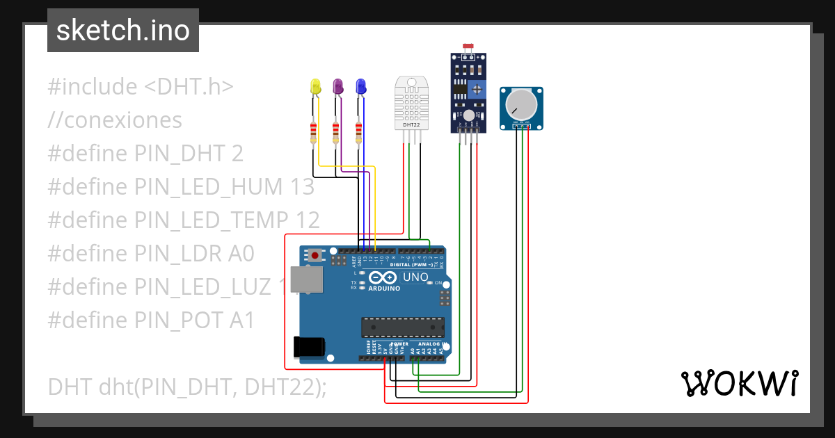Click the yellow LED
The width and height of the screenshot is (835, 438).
pyautogui.click(x=315, y=87)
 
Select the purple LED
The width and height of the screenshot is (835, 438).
pyautogui.click(x=338, y=87)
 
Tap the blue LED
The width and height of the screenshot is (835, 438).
pyautogui.click(x=360, y=87)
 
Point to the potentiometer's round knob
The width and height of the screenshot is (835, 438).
pyautogui.click(x=520, y=104)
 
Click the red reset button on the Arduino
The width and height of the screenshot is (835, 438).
pyautogui.click(x=315, y=255)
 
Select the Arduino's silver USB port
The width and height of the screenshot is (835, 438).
pyautogui.click(x=306, y=279)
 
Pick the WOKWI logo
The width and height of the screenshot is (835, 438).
pyautogui.click(x=739, y=383)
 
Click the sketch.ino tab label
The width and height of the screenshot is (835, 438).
pyautogui.click(x=123, y=31)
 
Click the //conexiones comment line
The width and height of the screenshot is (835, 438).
pyautogui.click(x=115, y=120)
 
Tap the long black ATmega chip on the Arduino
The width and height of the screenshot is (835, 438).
pyautogui.click(x=402, y=327)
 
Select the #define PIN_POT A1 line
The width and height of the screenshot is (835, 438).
pyautogui.click(x=151, y=320)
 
